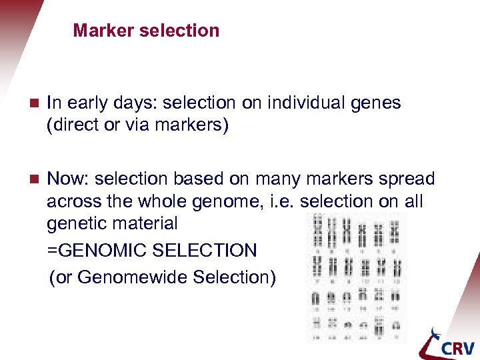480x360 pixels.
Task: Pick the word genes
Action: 377,103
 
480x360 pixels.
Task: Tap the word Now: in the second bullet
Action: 69,179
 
